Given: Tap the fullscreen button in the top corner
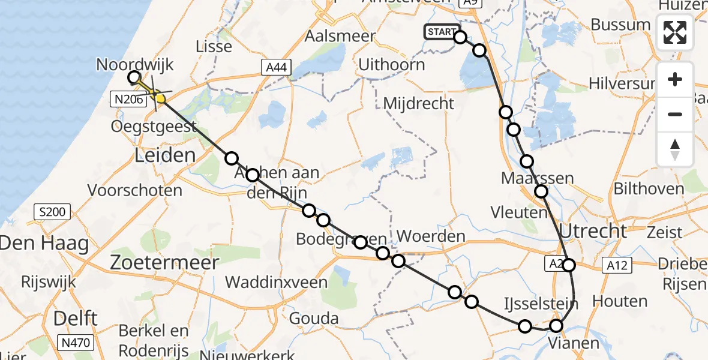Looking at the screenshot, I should pyautogui.click(x=675, y=32).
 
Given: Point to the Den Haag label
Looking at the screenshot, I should pyautogui.click(x=44, y=244).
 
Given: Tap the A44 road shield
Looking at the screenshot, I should pyautogui.click(x=276, y=68).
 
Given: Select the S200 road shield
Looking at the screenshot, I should pyautogui.click(x=53, y=211).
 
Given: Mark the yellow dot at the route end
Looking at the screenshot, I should pyautogui.click(x=160, y=98).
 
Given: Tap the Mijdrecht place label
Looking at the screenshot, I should pyautogui.click(x=419, y=104).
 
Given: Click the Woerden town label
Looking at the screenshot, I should pyautogui.click(x=431, y=236).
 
